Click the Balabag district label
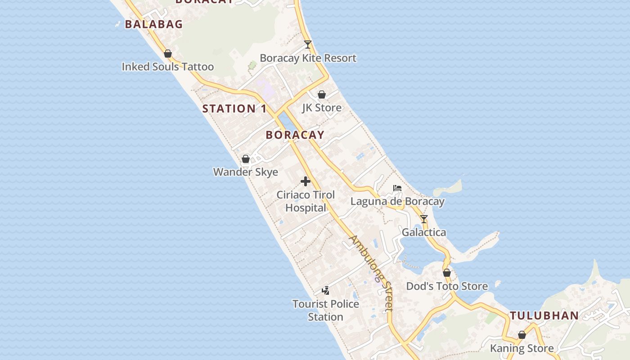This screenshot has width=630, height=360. click(153, 24)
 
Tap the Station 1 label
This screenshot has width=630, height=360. click(234, 108)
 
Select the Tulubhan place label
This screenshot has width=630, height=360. click(544, 315)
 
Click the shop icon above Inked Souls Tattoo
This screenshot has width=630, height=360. click(168, 54)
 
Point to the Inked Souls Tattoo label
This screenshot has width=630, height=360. click(167, 67)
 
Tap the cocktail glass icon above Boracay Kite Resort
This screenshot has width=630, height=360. click(308, 45)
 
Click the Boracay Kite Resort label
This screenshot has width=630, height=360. click(308, 58)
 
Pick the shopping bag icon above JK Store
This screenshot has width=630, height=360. click(322, 94)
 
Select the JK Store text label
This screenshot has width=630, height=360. click(321, 108)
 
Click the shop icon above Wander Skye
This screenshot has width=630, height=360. click(246, 159)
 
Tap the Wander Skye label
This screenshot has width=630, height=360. click(245, 172)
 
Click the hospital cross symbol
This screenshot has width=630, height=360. click(306, 181)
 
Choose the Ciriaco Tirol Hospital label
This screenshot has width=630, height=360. click(306, 201)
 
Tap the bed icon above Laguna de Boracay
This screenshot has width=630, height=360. click(397, 188)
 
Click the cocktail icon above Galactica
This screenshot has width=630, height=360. click(424, 219)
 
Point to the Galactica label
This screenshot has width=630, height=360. click(424, 233)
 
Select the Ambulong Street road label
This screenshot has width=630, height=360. click(372, 272)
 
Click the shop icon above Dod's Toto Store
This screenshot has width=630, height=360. click(447, 273)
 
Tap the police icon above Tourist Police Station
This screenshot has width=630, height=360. click(325, 291)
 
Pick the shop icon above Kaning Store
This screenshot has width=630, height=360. click(522, 335)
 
